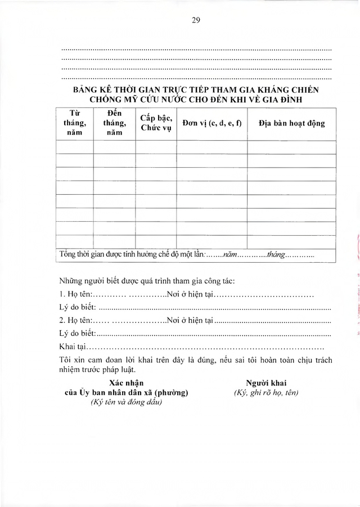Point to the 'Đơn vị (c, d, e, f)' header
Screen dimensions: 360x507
tap(211, 123)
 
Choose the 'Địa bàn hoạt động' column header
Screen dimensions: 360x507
tap(291, 123)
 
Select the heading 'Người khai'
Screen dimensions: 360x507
tap(266, 383)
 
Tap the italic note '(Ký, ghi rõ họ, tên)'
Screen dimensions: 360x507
tap(266, 393)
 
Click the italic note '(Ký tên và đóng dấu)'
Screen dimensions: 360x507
tap(125, 402)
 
